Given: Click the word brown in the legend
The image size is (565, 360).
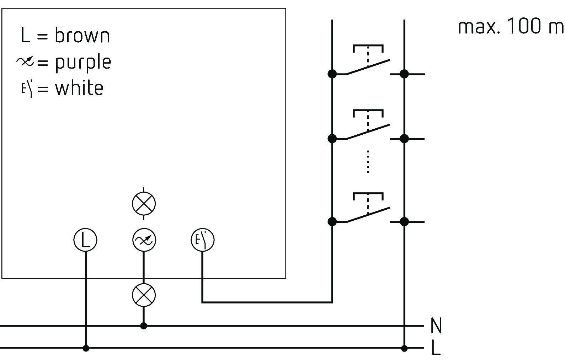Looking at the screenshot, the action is click(82, 35).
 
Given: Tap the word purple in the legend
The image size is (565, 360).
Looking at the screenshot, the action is click(83, 63).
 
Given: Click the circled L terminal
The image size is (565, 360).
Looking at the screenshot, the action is click(85, 240).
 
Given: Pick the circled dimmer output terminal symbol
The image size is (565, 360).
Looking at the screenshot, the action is click(144, 240).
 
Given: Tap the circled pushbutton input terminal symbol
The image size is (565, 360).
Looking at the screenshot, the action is click(203, 240).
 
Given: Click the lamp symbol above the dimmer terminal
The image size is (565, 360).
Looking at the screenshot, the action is click(144, 203).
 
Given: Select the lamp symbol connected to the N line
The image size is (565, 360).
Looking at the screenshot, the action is click(144, 295).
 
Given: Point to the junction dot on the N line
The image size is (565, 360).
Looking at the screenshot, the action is click(144, 326).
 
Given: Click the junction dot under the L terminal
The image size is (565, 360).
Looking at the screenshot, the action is click(86, 348).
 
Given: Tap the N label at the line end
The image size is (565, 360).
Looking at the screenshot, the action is click(436, 326).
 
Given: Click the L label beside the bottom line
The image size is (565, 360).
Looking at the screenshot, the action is click(436, 348).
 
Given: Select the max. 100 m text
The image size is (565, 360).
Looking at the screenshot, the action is click(511, 26).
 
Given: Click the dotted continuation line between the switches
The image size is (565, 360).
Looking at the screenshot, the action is click(368, 162).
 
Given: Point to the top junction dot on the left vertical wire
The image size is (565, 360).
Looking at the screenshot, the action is click(332, 74).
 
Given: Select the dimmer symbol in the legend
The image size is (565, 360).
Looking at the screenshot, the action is click(25, 61).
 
